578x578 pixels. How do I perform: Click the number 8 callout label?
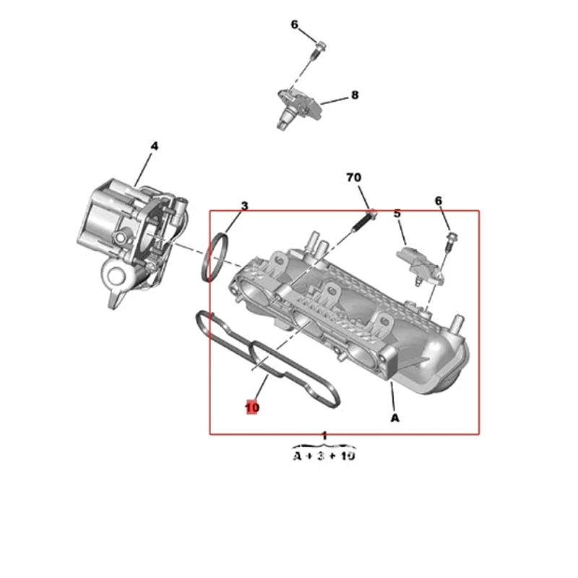coord(355,95)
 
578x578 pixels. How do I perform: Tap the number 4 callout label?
coord(153,146)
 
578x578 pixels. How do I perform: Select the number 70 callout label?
coord(353,177)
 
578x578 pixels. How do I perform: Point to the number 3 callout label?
coord(244,206)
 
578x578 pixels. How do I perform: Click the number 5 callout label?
coord(397,213)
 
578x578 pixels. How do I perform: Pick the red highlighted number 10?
coord(251,407)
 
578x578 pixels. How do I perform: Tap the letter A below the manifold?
coord(394,417)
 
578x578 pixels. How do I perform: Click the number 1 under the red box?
coord(324,436)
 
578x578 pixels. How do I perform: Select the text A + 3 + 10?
coord(324,457)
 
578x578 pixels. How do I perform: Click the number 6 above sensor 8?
coord(294,25)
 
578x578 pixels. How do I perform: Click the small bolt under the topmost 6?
coord(319,49)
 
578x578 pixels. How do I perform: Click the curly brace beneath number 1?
coord(324,445)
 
